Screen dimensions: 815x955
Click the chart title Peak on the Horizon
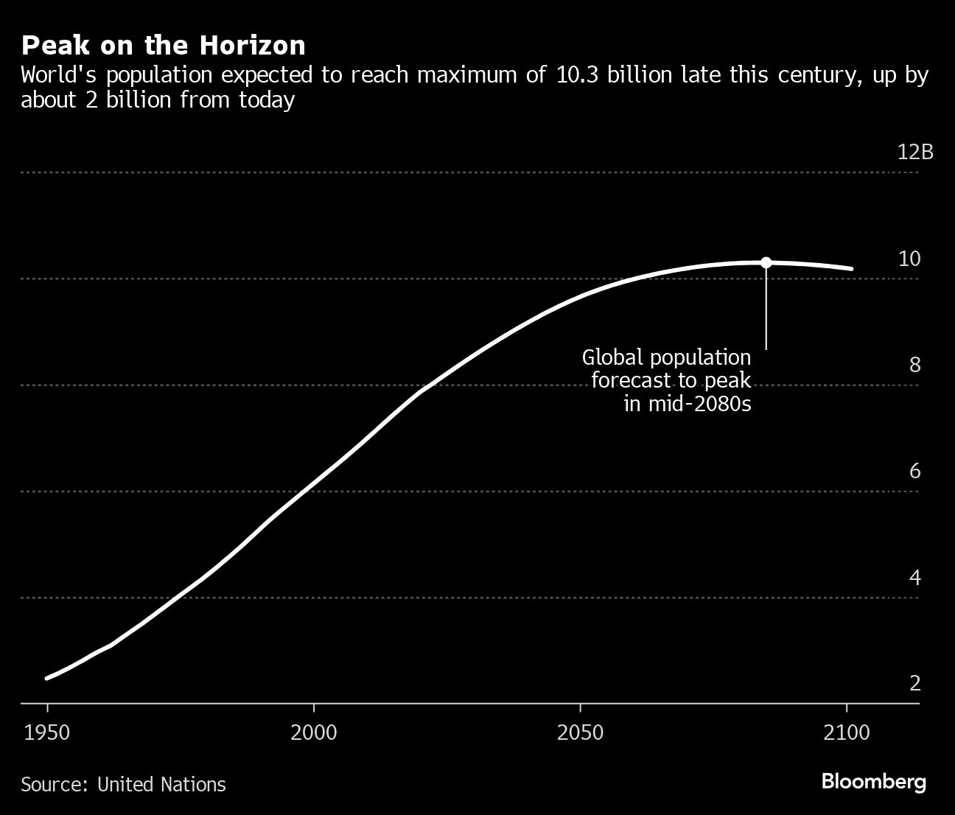(x=163, y=46)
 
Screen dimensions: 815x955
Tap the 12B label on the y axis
(x=915, y=152)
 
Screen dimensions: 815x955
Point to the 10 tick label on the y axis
(x=909, y=259)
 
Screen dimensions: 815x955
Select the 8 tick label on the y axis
(x=914, y=365)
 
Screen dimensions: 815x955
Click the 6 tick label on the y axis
(x=914, y=471)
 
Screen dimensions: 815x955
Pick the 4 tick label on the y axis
(x=914, y=577)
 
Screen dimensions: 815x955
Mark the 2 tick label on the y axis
(x=914, y=683)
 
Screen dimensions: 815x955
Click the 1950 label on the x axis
(x=47, y=732)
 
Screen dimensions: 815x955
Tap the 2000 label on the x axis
(x=314, y=732)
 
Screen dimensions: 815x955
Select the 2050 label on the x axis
(x=581, y=732)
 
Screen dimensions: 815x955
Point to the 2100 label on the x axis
(x=847, y=732)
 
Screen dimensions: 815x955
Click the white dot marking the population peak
(x=766, y=262)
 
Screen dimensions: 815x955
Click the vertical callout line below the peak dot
(x=766, y=309)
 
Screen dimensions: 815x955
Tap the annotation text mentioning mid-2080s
(x=667, y=380)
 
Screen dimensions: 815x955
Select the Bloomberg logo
(x=873, y=782)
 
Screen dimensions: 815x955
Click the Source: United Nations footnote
(x=123, y=784)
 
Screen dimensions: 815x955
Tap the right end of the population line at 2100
(x=851, y=269)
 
